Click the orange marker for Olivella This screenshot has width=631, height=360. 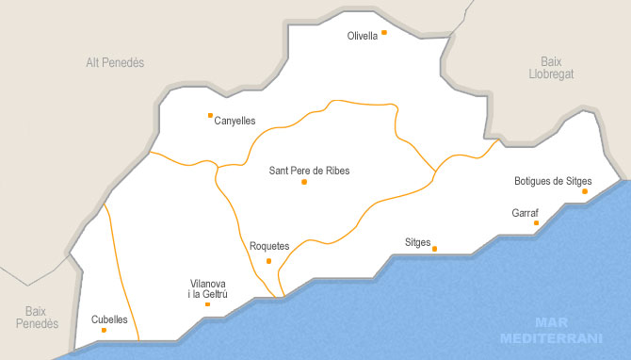coord(384,33)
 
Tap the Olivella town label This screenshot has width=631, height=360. coord(362,36)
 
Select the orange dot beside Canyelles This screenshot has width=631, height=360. coord(210,116)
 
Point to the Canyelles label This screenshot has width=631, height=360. coord(235,121)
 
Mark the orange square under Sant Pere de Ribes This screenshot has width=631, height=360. coord(304,182)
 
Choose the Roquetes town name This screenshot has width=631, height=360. coord(269,246)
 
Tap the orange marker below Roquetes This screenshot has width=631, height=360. coord(269,260)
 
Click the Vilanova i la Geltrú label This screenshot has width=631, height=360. coord(207,288)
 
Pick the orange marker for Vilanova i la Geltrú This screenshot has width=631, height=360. coord(207,304)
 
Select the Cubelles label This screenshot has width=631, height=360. coord(109,319)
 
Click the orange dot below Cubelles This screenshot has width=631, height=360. coord(104,330)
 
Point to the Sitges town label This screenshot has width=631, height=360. coord(417,243)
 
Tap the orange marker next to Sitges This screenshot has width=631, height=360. coord(435,249)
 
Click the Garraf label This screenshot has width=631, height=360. coord(526,213)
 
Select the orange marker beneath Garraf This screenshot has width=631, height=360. coord(537,223)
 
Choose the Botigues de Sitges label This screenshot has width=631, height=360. coord(553,180)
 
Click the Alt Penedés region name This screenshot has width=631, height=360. coord(114,63)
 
